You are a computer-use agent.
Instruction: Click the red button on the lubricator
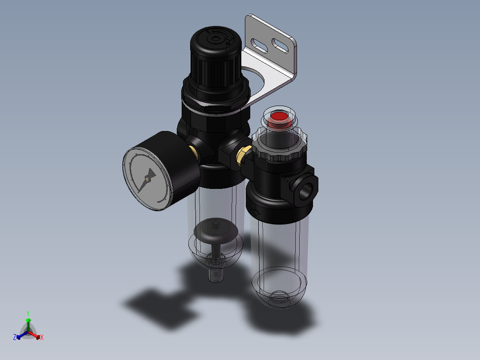(x=279, y=117)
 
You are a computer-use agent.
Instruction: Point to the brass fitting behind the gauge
(x=194, y=152)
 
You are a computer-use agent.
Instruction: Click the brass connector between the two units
(x=243, y=154)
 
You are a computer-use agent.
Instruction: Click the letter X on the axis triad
(x=42, y=338)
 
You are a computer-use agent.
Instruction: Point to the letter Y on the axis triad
(x=28, y=313)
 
